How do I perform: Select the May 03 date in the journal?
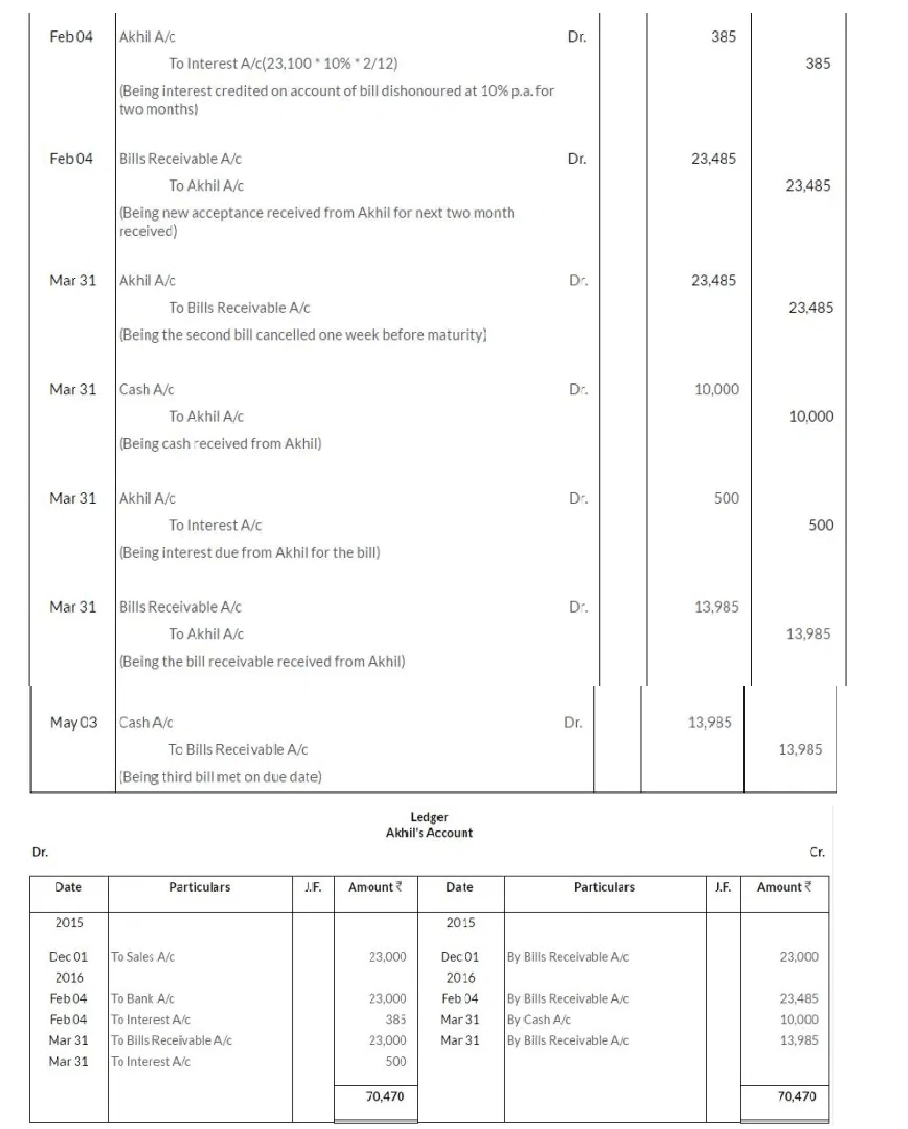click(74, 723)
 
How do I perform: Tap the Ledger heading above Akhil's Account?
click(429, 817)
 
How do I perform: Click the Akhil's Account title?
click(429, 833)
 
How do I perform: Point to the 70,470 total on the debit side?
click(385, 1096)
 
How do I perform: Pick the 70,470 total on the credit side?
click(796, 1096)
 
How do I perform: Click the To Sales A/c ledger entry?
click(143, 956)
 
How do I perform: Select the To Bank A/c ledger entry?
click(143, 998)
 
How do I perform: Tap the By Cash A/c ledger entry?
click(538, 1019)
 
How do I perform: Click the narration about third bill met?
click(220, 777)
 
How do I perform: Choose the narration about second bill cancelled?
click(302, 335)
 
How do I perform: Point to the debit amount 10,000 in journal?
click(716, 389)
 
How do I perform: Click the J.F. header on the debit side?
click(313, 887)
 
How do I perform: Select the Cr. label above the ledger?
click(817, 852)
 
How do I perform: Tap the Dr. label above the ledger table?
click(40, 852)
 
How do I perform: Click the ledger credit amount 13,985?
click(799, 1040)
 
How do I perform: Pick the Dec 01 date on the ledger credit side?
click(459, 956)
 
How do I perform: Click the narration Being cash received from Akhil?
click(220, 444)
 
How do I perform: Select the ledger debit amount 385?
click(396, 1019)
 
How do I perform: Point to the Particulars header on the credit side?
click(604, 887)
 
